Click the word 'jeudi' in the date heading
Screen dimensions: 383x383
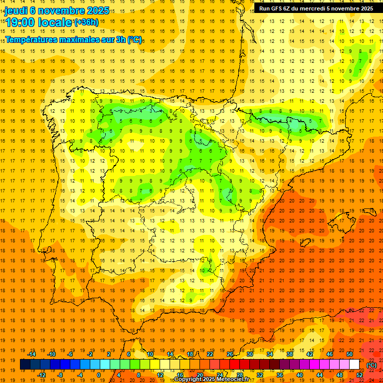[16, 10]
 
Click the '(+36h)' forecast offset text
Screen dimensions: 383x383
[87, 22]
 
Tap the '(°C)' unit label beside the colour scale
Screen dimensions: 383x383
[372, 365]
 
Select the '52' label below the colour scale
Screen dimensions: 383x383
[360, 375]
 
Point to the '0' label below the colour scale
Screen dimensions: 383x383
[99, 375]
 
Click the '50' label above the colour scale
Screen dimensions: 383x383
[350, 354]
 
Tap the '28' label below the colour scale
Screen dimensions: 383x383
[239, 375]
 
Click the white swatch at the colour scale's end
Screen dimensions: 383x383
[355, 365]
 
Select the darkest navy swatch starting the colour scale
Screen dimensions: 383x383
[25, 365]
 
